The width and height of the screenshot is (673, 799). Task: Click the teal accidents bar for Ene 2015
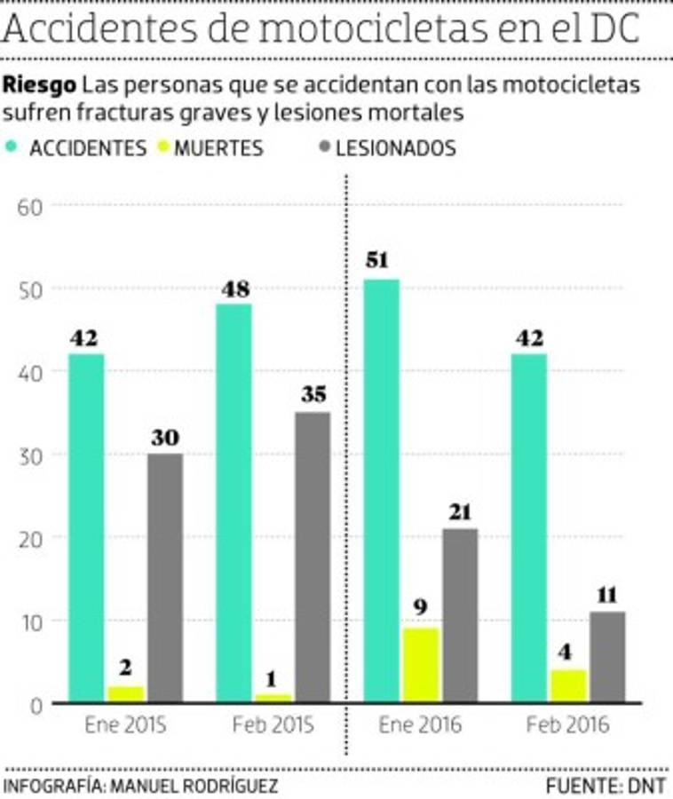click(86, 528)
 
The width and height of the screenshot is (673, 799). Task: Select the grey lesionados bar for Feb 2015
click(312, 557)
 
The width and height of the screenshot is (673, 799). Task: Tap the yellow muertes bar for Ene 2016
click(421, 665)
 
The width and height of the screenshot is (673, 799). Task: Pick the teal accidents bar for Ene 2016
click(382, 491)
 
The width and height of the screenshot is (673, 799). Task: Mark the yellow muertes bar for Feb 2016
click(568, 685)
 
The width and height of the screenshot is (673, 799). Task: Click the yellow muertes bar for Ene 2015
click(125, 693)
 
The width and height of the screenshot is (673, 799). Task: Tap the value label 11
click(607, 595)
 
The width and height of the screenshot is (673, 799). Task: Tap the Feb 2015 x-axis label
click(273, 725)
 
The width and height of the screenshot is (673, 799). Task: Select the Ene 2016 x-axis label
click(421, 725)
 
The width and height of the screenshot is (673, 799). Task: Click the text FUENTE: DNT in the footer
click(606, 786)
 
